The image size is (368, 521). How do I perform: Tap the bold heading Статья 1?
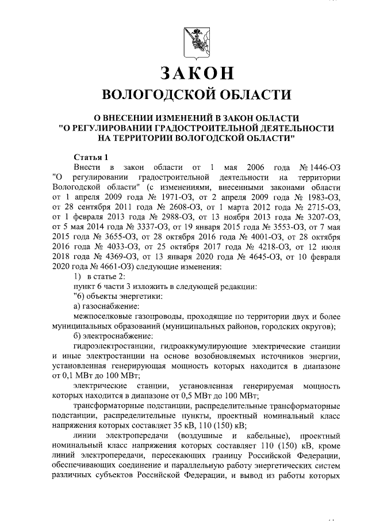click(91, 157)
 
